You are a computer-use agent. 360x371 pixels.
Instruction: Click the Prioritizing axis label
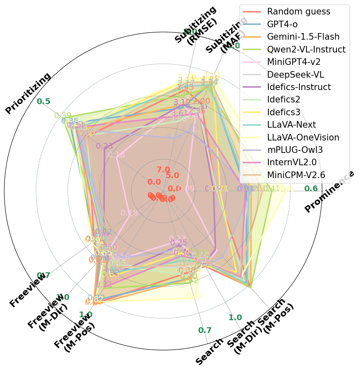point(28,93)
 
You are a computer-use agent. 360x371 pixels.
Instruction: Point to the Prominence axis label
point(329,191)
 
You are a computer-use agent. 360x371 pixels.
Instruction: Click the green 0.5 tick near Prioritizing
point(43,102)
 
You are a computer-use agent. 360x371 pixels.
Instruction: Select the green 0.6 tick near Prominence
point(311,188)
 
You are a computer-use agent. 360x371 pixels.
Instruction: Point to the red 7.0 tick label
point(163,169)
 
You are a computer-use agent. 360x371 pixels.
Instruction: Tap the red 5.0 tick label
point(172,175)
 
